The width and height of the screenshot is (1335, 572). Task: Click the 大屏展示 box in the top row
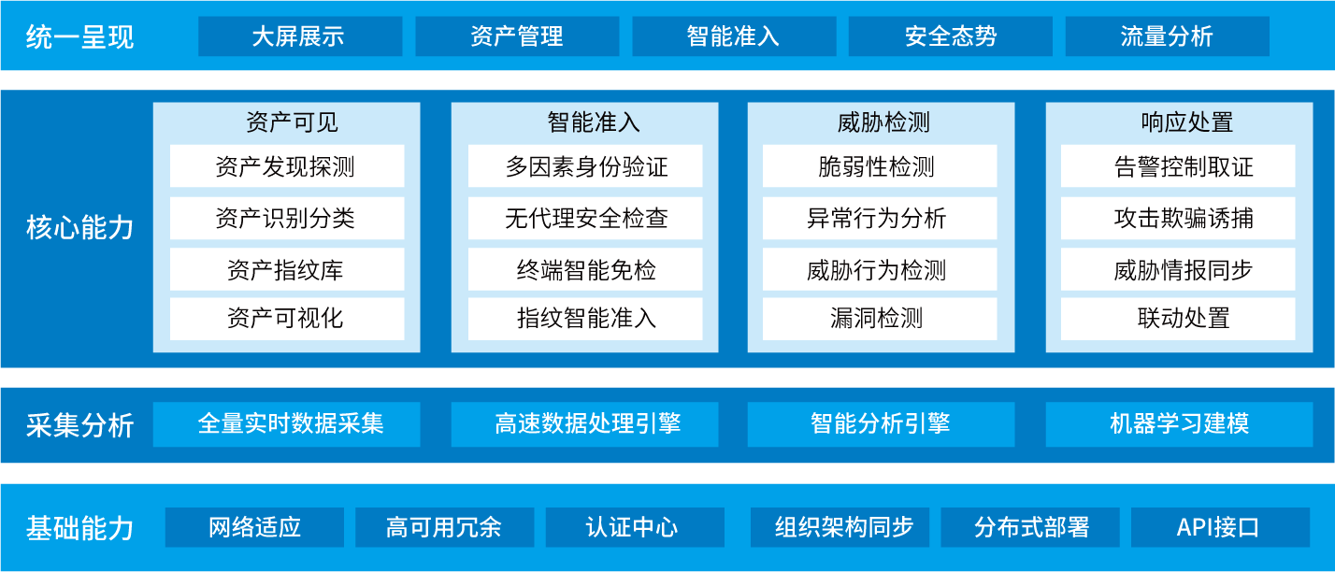(x=300, y=36)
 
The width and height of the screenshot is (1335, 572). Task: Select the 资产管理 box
(x=517, y=36)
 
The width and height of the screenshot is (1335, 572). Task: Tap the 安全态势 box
(x=951, y=36)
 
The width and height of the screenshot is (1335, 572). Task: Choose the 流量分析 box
(x=1168, y=36)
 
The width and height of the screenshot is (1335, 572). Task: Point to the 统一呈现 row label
(x=79, y=37)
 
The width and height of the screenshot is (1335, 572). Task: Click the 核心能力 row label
(x=79, y=227)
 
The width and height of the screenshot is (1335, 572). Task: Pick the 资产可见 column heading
(x=292, y=122)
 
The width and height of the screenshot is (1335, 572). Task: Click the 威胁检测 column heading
(x=883, y=122)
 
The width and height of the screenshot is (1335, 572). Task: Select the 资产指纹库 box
(x=287, y=269)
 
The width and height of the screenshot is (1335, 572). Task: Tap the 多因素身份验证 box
(x=585, y=165)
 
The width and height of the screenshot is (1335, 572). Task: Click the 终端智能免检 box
(x=585, y=269)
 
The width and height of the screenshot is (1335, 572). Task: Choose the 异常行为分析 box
(x=880, y=218)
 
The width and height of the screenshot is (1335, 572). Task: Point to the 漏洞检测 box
(x=880, y=319)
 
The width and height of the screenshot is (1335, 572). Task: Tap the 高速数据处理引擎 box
(x=584, y=424)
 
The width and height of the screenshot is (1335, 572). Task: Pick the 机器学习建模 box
(x=1180, y=424)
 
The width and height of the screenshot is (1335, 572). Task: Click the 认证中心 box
(x=636, y=527)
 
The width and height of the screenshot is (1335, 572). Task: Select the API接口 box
(x=1221, y=527)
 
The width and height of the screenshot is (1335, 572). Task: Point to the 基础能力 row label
(x=79, y=528)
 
